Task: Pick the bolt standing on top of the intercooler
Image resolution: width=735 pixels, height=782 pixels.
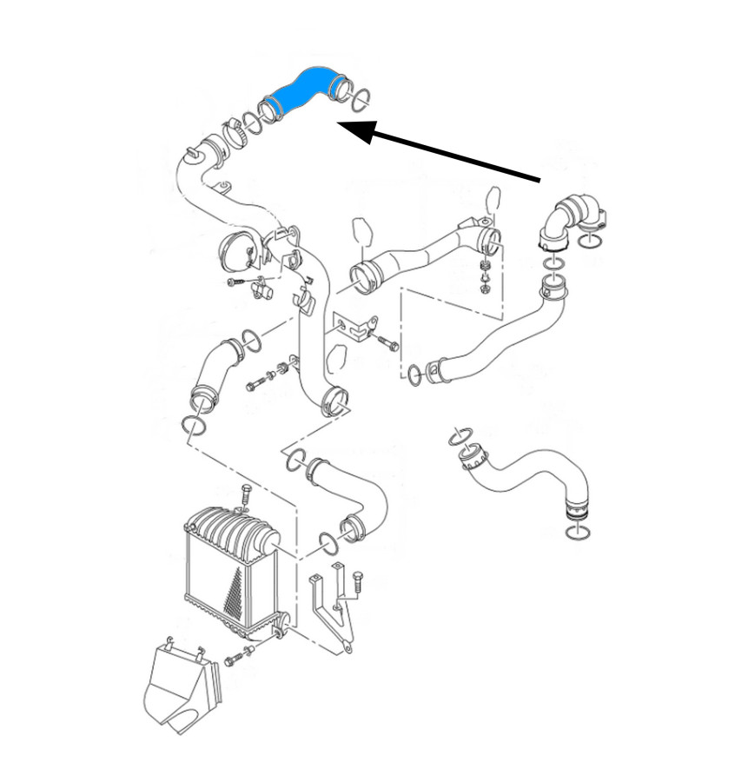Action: pos(245,496)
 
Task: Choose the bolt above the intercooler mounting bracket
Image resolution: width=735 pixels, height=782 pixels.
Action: pos(357,578)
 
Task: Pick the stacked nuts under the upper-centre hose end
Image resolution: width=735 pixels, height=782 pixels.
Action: pos(486,274)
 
